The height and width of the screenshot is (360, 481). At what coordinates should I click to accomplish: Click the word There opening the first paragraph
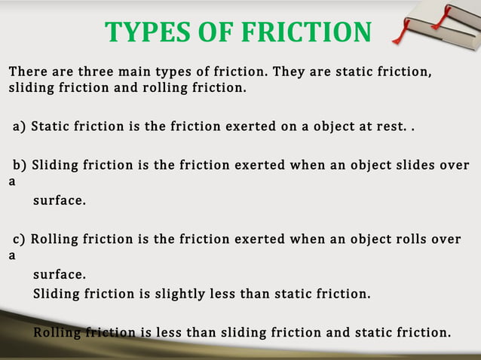(x=27, y=72)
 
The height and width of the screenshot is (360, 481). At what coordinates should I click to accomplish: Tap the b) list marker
(x=19, y=165)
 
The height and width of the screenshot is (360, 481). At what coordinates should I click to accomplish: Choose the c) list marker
(x=18, y=239)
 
